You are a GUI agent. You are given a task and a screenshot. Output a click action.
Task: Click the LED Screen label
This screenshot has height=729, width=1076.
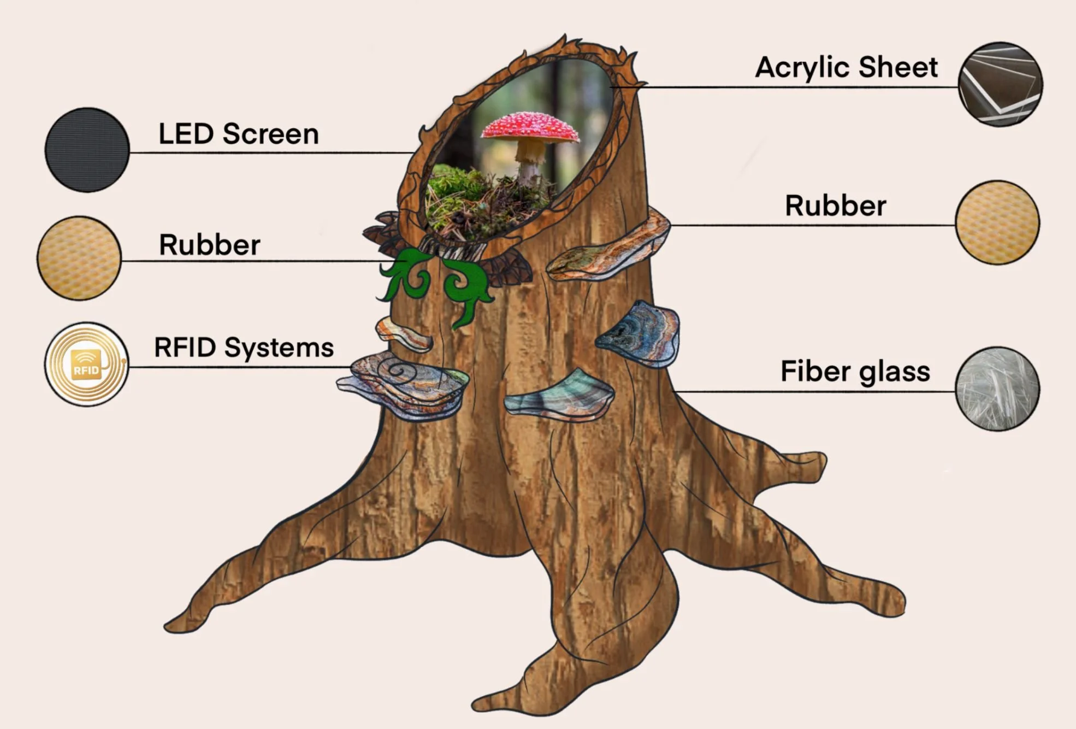(238, 134)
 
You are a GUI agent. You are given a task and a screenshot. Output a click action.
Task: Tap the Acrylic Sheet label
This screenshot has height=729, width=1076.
(846, 68)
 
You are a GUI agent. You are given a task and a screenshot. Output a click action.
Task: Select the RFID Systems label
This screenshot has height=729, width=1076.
(244, 348)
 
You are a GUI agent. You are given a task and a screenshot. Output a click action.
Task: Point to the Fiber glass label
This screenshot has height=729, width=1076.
(855, 372)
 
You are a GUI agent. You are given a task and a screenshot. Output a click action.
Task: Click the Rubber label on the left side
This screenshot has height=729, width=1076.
(209, 245)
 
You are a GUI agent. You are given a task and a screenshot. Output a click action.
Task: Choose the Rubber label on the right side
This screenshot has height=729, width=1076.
(835, 206)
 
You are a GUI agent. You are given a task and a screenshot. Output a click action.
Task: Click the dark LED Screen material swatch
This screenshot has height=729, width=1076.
(87, 150)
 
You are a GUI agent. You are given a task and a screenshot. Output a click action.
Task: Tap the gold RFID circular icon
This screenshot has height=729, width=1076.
(86, 364)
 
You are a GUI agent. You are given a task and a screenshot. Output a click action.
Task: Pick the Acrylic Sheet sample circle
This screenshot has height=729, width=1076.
(1000, 84)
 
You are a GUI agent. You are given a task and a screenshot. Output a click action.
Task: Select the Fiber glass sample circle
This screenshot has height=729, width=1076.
(997, 389)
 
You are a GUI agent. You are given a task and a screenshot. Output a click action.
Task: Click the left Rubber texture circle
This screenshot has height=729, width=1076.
(79, 258)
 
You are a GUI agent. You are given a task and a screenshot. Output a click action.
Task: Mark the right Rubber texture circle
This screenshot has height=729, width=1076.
(997, 222)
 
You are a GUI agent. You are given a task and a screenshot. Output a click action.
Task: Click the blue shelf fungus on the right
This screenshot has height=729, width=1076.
(642, 333)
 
